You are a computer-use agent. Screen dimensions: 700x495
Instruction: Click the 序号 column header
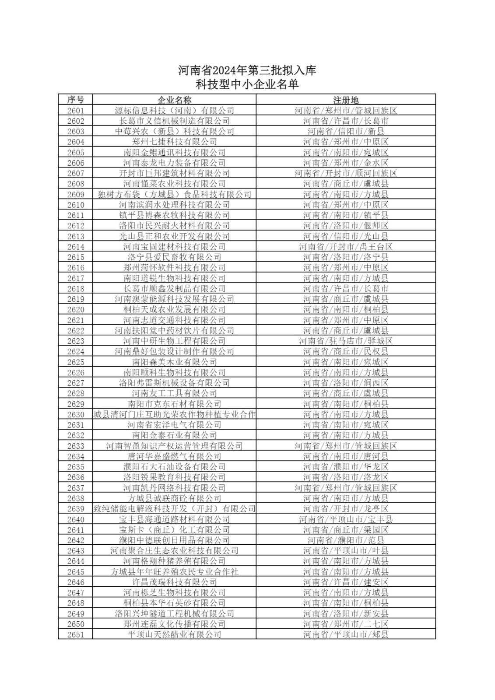click(75, 100)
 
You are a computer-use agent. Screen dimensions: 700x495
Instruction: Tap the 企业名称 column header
click(174, 100)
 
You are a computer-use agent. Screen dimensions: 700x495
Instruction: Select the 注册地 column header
click(346, 100)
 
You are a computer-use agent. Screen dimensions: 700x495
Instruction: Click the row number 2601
click(75, 111)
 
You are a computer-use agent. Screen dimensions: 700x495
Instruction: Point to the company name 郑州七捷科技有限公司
click(174, 142)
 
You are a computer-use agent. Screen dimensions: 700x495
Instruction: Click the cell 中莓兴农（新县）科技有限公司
click(174, 131)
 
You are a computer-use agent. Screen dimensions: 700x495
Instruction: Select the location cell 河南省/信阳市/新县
click(346, 131)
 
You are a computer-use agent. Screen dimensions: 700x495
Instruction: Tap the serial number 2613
click(75, 236)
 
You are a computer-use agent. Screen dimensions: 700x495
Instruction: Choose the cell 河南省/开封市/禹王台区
click(346, 247)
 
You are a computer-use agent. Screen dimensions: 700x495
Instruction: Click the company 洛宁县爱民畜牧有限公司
click(174, 257)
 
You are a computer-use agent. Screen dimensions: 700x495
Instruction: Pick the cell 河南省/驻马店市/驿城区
click(346, 341)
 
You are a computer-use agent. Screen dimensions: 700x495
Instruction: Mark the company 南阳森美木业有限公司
click(174, 362)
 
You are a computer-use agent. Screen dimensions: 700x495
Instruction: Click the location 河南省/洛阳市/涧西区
click(346, 383)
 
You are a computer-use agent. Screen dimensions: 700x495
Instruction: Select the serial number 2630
click(75, 414)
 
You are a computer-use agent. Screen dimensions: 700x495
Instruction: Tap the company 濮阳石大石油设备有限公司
click(174, 467)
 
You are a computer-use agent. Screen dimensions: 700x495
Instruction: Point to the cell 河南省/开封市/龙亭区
click(346, 509)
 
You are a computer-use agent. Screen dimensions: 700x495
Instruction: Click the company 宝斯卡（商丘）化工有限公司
click(174, 530)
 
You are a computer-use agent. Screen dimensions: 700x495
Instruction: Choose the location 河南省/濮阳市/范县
click(346, 540)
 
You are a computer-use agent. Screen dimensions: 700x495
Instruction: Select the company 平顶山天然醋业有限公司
click(174, 634)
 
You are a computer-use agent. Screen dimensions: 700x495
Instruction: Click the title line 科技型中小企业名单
click(247, 84)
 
